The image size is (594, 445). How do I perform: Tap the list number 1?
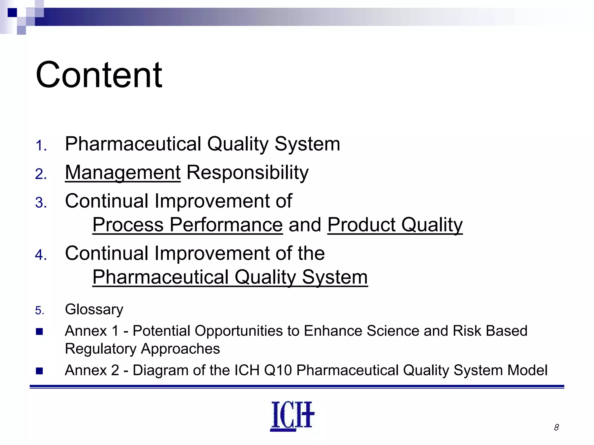click(x=41, y=146)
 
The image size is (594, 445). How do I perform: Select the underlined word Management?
click(x=123, y=173)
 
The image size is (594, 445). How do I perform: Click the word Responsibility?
click(x=247, y=173)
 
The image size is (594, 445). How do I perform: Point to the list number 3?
click(x=41, y=203)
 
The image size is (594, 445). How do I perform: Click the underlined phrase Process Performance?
click(x=187, y=225)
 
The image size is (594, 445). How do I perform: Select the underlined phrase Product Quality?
click(x=395, y=225)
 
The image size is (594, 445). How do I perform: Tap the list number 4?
click(x=41, y=255)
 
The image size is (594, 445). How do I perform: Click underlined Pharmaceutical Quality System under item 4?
click(x=230, y=277)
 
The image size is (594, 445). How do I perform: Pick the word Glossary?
click(x=94, y=309)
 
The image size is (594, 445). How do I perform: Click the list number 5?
click(x=39, y=311)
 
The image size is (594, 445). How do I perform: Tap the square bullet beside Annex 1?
click(x=39, y=331)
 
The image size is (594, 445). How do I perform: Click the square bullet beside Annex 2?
click(x=39, y=371)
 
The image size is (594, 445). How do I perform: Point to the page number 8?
click(x=556, y=427)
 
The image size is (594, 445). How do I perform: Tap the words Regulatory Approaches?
click(x=142, y=349)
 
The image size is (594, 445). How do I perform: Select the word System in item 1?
click(x=307, y=144)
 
